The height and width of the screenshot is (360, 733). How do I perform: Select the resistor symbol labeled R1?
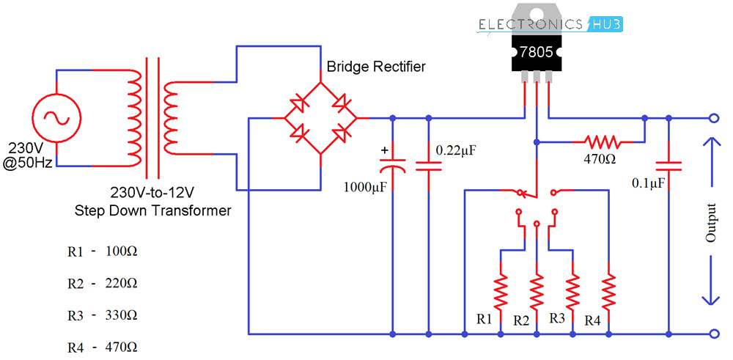pos(501,291)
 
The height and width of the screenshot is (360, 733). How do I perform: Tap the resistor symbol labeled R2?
pos(537,291)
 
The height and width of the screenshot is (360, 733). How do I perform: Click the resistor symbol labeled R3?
pos(573,291)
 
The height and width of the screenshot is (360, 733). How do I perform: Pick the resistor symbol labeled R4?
pos(609,291)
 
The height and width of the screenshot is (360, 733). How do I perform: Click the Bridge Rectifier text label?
pos(376,67)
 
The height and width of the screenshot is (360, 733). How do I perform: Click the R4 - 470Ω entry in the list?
pos(102,347)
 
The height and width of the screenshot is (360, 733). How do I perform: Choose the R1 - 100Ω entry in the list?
pos(102,251)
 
